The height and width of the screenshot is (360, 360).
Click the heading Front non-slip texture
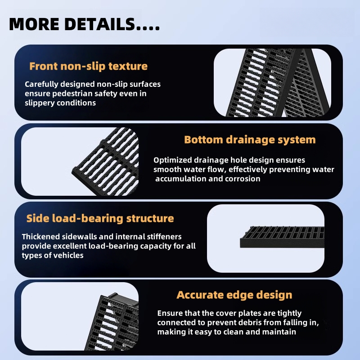pos(88,66)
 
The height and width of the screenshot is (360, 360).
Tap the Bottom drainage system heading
pos(250,139)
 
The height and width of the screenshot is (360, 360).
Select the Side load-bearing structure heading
pos(100,219)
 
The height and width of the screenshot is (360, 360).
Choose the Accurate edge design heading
pos(234,295)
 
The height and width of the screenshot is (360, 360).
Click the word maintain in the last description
pos(279,332)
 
